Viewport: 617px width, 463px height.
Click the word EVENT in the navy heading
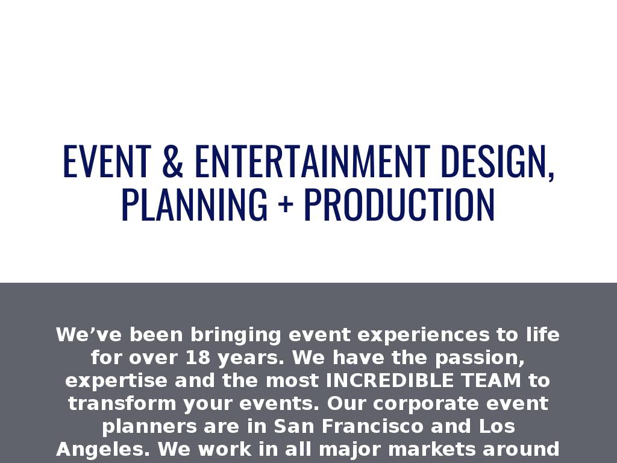(107, 161)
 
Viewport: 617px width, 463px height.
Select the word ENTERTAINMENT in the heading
(313, 161)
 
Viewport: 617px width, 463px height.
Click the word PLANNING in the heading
(195, 204)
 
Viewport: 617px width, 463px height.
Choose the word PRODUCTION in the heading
(399, 204)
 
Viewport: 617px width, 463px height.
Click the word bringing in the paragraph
(236, 335)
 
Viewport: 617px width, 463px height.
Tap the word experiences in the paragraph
(423, 335)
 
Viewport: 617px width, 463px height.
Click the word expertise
(116, 381)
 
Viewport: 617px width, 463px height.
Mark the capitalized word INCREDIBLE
(390, 380)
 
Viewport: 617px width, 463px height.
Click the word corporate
(426, 403)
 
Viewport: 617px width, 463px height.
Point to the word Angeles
(103, 449)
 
